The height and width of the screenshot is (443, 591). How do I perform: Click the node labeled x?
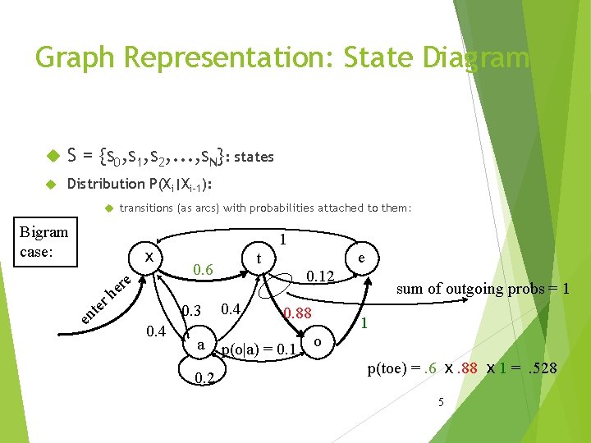[x=149, y=257]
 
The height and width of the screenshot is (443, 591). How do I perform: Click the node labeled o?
[x=318, y=341]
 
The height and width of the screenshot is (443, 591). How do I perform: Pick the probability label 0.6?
[x=202, y=271]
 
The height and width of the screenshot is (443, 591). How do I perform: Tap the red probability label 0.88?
[x=297, y=313]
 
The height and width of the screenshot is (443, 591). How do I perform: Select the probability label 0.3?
[x=191, y=311]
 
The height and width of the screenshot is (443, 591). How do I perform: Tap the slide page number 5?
[x=441, y=401]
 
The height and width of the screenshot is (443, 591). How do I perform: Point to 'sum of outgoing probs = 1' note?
[x=483, y=289]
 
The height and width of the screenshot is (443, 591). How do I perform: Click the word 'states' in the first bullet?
[x=254, y=157]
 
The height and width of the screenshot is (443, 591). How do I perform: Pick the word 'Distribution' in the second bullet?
[x=105, y=184]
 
